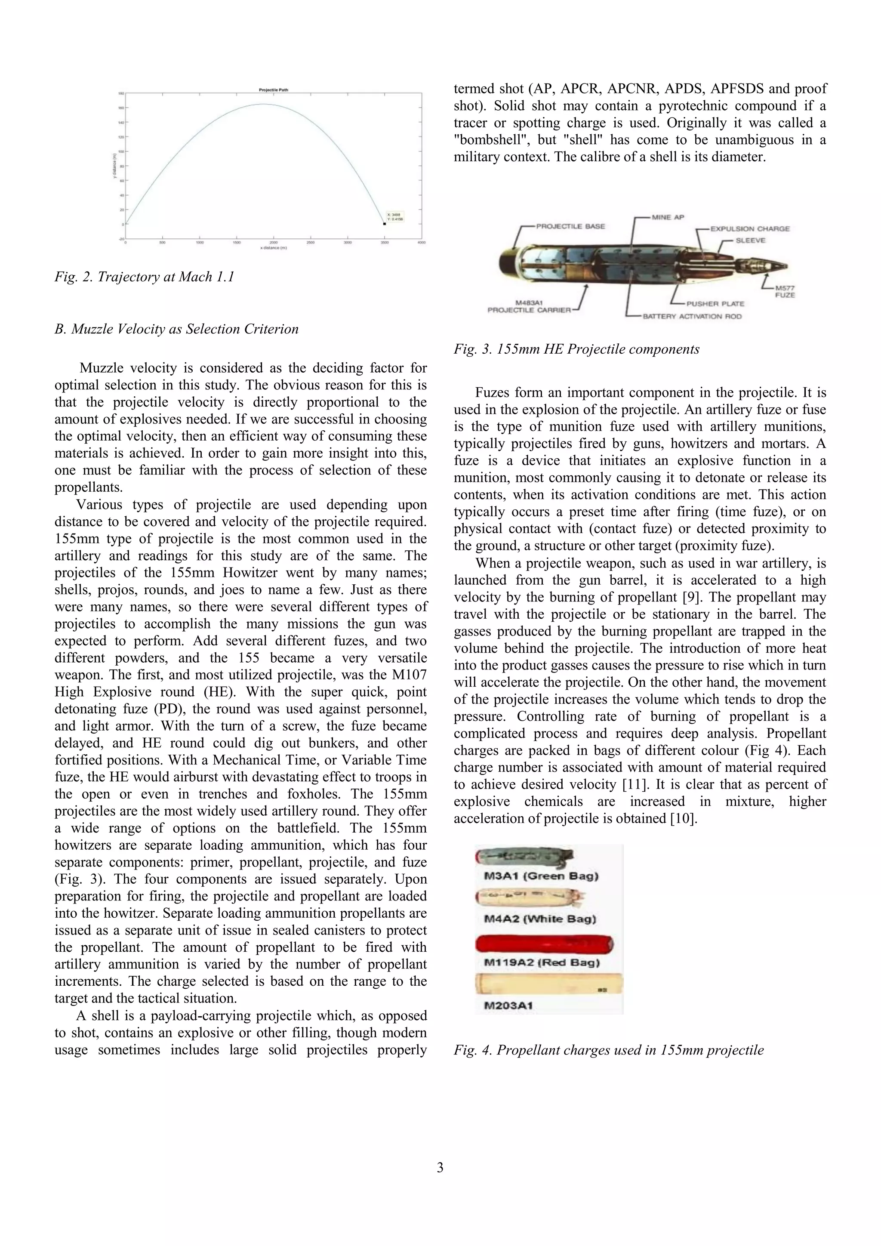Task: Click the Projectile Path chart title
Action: pyautogui.click(x=274, y=90)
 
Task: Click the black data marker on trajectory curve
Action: pyautogui.click(x=384, y=224)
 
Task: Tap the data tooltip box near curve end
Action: pyautogui.click(x=395, y=216)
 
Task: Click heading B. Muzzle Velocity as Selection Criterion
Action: pyautogui.click(x=176, y=330)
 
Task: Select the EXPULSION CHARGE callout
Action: pyautogui.click(x=750, y=229)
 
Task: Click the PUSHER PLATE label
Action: pyautogui.click(x=715, y=303)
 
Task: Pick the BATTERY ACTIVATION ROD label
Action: pyautogui.click(x=692, y=316)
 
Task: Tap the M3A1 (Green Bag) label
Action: pyautogui.click(x=541, y=876)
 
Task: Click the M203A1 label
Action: pyautogui.click(x=508, y=1005)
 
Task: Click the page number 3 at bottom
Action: pyautogui.click(x=440, y=1167)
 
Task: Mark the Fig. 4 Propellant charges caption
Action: pyautogui.click(x=608, y=1050)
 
